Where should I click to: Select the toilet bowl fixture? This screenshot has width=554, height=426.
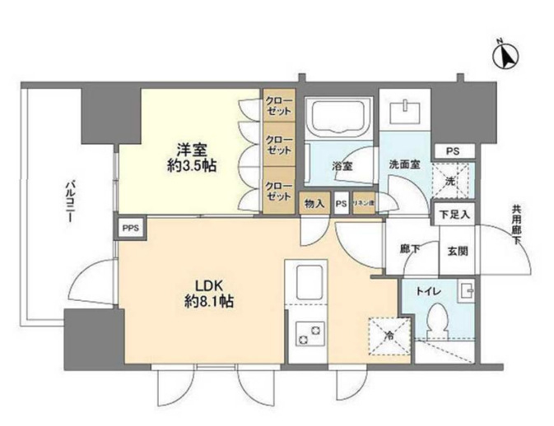(440, 321)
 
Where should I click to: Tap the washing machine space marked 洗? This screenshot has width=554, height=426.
(449, 178)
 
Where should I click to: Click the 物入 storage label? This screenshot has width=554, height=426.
(314, 203)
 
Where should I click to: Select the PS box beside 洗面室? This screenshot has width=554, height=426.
(452, 152)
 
